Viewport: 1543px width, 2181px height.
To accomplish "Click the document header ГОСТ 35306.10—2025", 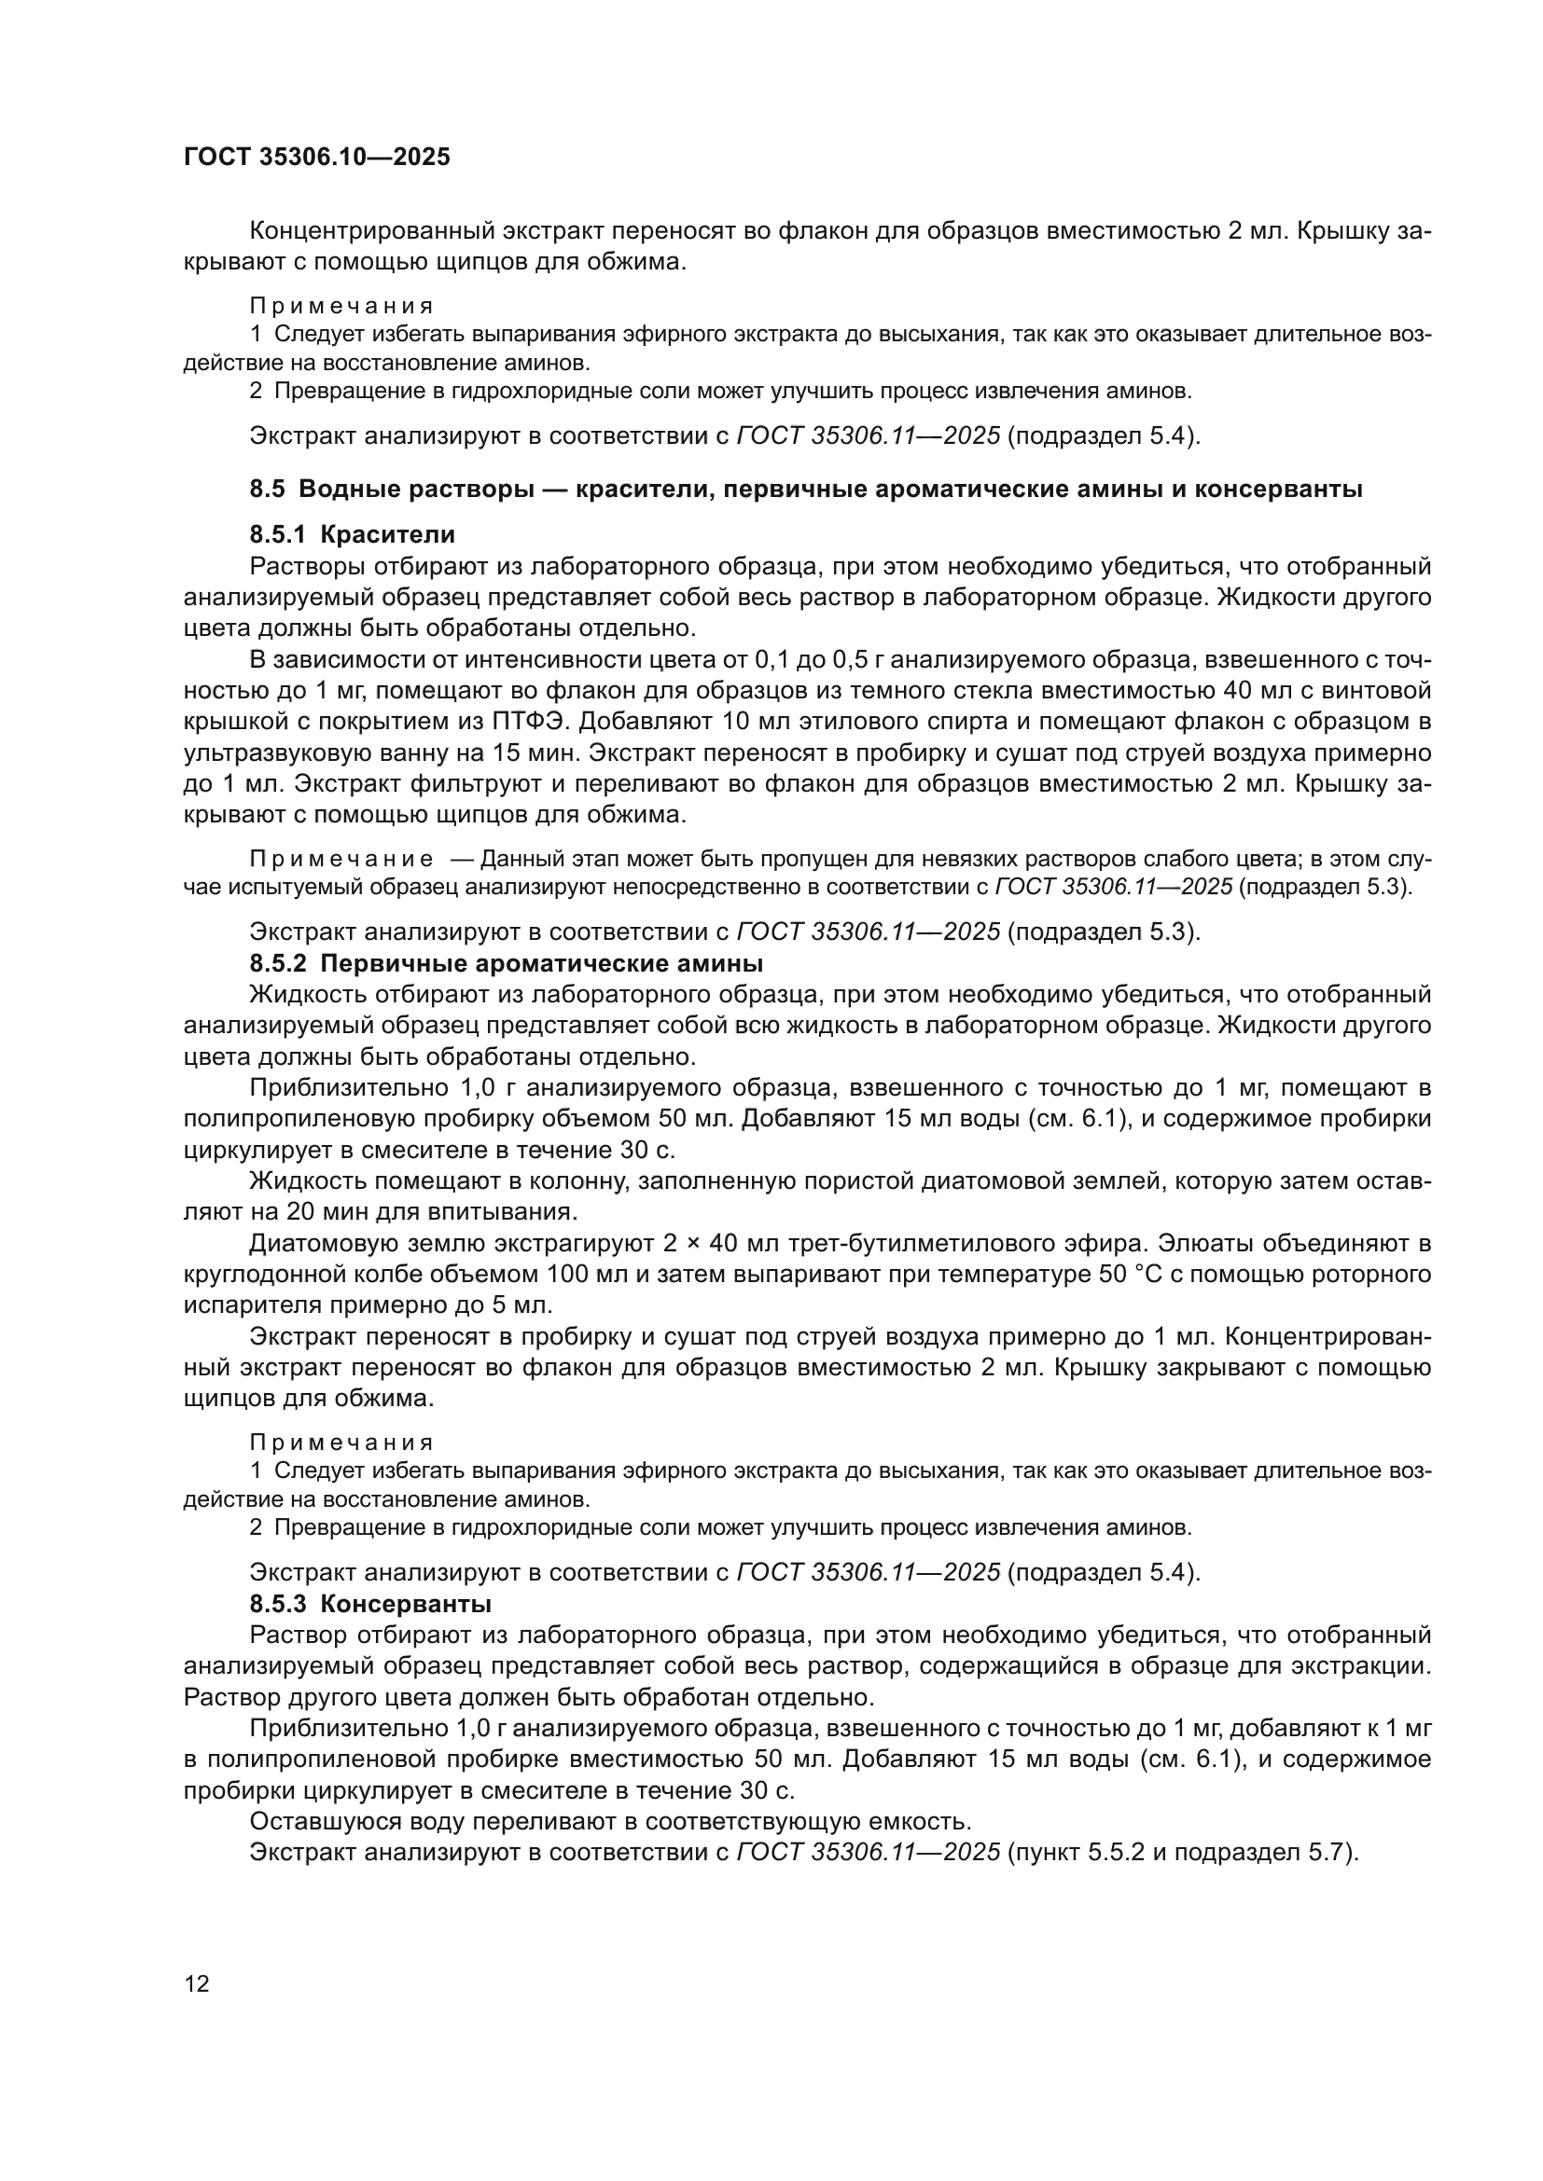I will point(316,158).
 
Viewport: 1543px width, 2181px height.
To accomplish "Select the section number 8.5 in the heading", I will point(267,490).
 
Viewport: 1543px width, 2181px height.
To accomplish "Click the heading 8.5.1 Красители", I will point(353,535).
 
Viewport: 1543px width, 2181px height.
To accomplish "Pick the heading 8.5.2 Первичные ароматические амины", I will point(507,963).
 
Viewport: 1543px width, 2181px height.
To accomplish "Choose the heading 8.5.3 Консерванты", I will point(370,1605).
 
